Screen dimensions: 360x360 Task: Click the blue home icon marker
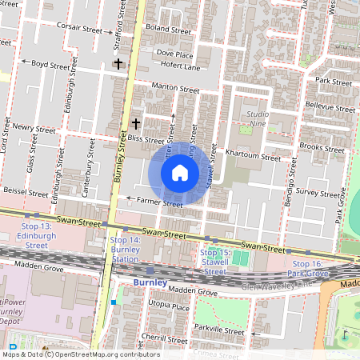pos(180,173)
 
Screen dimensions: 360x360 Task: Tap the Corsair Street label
pos(81,27)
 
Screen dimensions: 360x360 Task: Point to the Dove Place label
pos(174,54)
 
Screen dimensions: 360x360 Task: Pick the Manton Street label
pos(175,90)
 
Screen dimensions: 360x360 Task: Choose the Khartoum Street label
pos(254,158)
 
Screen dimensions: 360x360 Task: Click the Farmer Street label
pos(160,203)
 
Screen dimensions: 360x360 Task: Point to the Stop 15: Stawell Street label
pos(214,261)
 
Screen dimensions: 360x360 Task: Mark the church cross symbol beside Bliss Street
pos(136,124)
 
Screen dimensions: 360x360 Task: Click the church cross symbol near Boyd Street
pos(118,63)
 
